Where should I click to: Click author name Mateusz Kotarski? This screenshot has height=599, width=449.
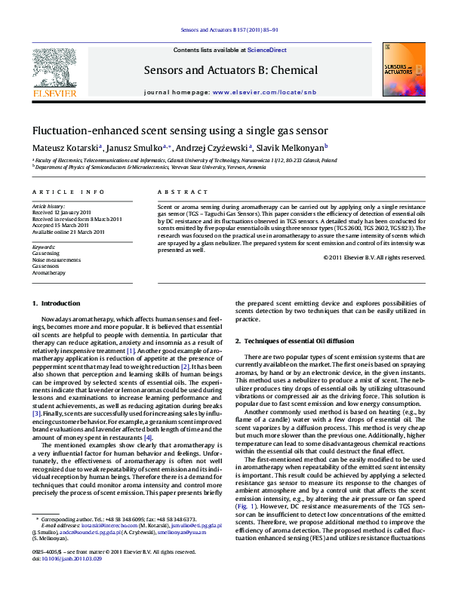[65, 148]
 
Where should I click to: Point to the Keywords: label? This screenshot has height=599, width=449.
[44, 247]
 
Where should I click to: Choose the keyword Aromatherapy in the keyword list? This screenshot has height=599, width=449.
[49, 273]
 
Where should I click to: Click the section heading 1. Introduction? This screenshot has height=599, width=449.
[56, 303]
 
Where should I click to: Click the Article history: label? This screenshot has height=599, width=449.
[48, 206]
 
